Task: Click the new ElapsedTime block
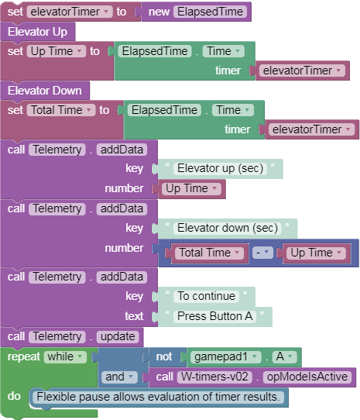click(x=196, y=12)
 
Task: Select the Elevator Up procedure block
click(x=37, y=32)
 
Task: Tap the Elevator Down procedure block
click(x=45, y=91)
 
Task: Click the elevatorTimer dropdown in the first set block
click(x=70, y=12)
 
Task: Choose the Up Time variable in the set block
click(x=57, y=51)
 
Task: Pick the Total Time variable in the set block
click(x=61, y=110)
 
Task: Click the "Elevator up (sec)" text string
click(x=221, y=168)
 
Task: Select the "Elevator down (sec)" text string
click(x=228, y=228)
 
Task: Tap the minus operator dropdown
click(x=262, y=253)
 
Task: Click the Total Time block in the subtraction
click(x=209, y=253)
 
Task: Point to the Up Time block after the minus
click(x=316, y=253)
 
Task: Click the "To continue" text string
click(x=207, y=296)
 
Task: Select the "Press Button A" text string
click(x=215, y=316)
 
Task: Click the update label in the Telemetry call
click(x=118, y=336)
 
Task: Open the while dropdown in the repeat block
click(x=65, y=356)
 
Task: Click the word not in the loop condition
click(x=164, y=356)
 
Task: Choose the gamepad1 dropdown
click(x=225, y=356)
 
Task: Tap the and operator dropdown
click(x=119, y=377)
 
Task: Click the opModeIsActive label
click(x=307, y=377)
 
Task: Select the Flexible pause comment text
click(x=158, y=397)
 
